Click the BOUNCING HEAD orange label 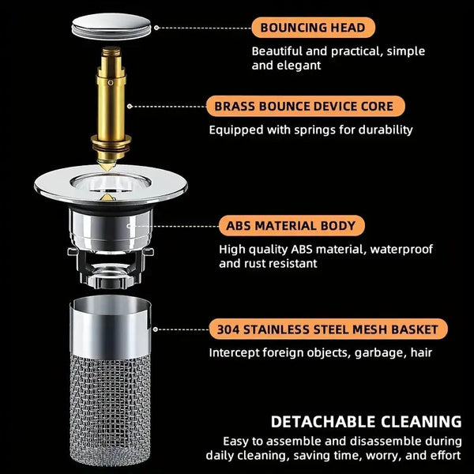click(313, 28)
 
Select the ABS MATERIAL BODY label click(292, 226)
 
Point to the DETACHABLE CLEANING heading click(366, 422)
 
